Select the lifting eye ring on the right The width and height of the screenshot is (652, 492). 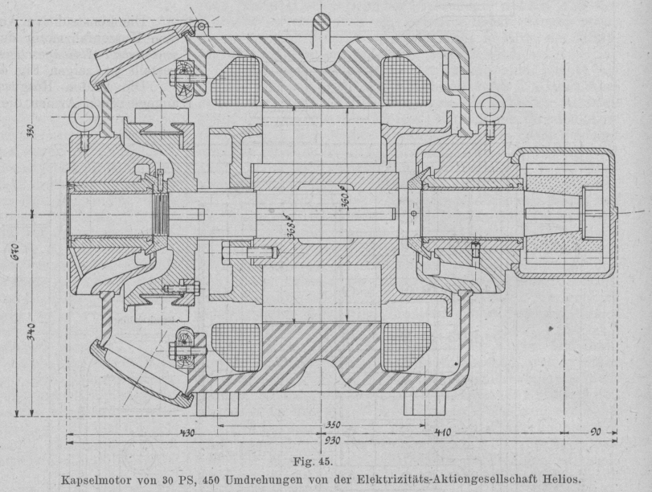tap(488, 106)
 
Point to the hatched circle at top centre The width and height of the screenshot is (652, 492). tap(324, 20)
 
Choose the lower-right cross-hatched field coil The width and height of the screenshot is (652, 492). tap(404, 346)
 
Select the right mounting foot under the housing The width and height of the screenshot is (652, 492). tap(424, 401)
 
